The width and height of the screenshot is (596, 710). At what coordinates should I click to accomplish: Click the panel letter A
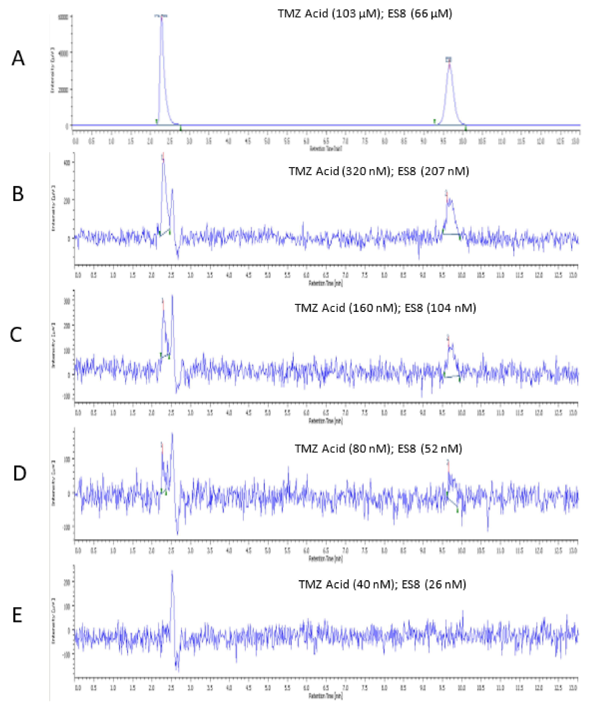pos(18,58)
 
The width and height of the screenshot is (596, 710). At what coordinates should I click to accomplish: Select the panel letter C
pos(16,335)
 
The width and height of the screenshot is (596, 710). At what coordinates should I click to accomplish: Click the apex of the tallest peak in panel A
pos(162,18)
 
